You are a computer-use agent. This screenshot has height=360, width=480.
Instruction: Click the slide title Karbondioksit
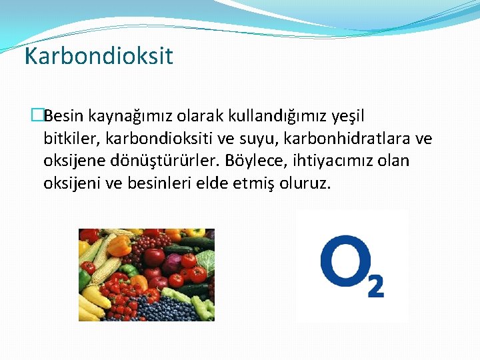point(99,56)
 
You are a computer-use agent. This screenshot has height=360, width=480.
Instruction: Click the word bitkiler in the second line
point(68,139)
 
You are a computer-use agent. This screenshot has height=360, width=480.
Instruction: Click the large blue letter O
point(342,265)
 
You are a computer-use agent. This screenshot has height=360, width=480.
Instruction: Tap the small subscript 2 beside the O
point(376,286)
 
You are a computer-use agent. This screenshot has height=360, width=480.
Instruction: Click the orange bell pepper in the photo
point(119,245)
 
